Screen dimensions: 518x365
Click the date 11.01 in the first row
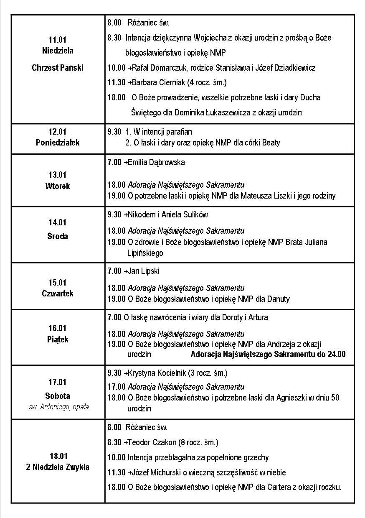58,40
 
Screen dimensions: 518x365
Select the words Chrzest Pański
58,68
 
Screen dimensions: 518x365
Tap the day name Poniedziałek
58,143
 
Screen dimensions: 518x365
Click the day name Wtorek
58,186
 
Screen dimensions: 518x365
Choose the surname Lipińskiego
145,253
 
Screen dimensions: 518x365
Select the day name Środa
58,236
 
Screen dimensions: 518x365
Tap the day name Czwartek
58,293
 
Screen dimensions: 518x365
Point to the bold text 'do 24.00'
332,355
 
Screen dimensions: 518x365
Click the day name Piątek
58,339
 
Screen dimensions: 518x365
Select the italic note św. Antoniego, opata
58,406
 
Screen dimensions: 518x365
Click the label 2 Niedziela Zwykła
58,467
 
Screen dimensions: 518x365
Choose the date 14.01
58,223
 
